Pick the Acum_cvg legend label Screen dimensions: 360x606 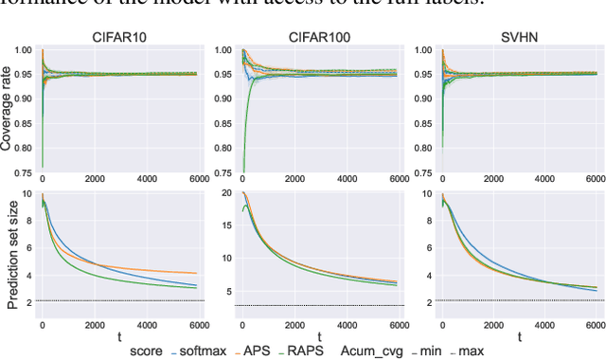click(x=372, y=351)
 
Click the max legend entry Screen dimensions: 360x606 click(x=470, y=351)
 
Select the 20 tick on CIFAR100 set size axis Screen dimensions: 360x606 click(x=227, y=193)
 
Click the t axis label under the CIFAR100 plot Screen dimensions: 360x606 click(x=320, y=336)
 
